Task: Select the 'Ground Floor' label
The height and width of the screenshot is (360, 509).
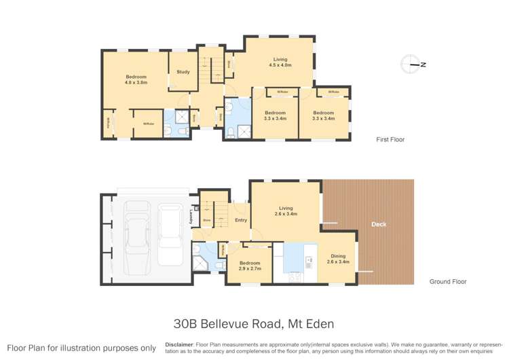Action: point(447,281)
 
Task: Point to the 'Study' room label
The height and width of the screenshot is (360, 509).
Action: point(183,72)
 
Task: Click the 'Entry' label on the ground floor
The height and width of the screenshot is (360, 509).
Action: point(241,220)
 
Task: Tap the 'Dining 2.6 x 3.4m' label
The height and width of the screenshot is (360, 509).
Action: point(337,259)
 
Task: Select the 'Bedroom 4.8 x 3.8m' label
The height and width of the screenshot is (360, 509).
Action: point(136,79)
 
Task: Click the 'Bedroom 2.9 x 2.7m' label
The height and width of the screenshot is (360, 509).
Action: point(250,266)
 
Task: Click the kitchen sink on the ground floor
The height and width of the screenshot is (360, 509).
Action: point(309,259)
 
